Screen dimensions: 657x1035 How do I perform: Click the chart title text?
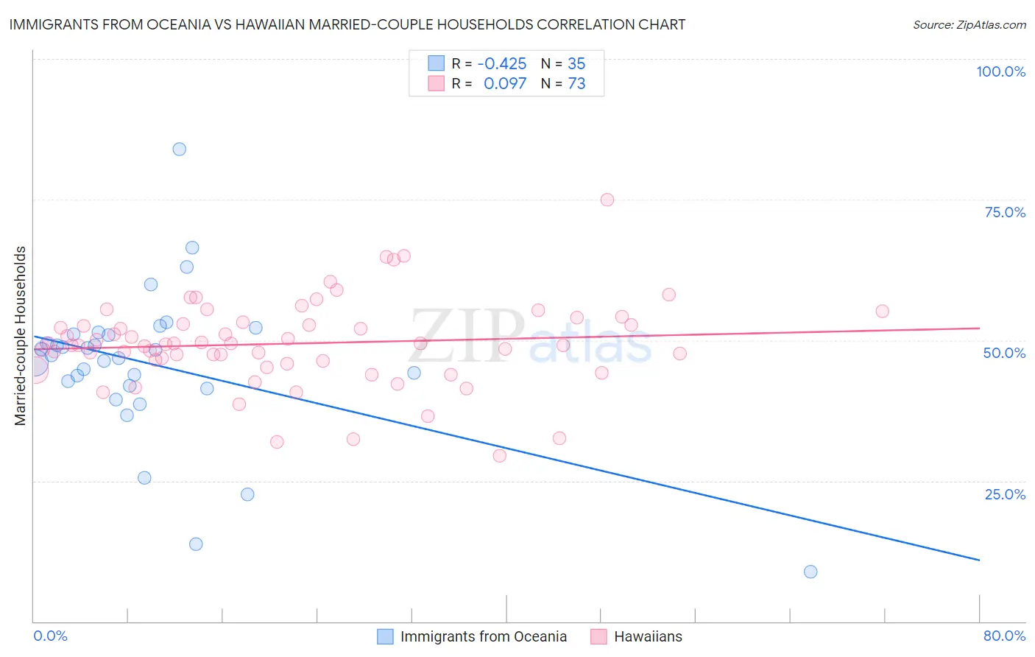point(347,24)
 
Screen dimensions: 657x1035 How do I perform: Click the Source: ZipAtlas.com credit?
point(969,24)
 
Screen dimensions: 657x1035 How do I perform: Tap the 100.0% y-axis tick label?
point(1000,71)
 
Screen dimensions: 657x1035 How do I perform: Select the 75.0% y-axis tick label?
point(1005,212)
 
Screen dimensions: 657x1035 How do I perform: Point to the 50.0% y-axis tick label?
point(1004,353)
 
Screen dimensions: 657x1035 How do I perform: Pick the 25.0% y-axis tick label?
point(1005,493)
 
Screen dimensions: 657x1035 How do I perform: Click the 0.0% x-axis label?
point(50,636)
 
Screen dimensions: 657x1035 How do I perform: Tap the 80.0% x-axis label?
point(1004,636)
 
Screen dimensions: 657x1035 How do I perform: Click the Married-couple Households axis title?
point(21,335)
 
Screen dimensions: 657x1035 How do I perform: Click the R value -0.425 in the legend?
point(502,64)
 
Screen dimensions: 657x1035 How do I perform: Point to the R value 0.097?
point(505,84)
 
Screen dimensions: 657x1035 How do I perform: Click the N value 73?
point(576,84)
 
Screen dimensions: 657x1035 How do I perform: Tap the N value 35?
point(576,64)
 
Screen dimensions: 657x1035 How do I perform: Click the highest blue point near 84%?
point(179,149)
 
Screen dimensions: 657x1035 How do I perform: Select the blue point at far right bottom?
point(810,572)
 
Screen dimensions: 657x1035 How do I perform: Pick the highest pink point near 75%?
point(607,200)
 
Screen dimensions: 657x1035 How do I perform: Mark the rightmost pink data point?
point(882,311)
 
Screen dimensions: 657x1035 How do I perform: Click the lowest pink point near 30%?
point(500,455)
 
